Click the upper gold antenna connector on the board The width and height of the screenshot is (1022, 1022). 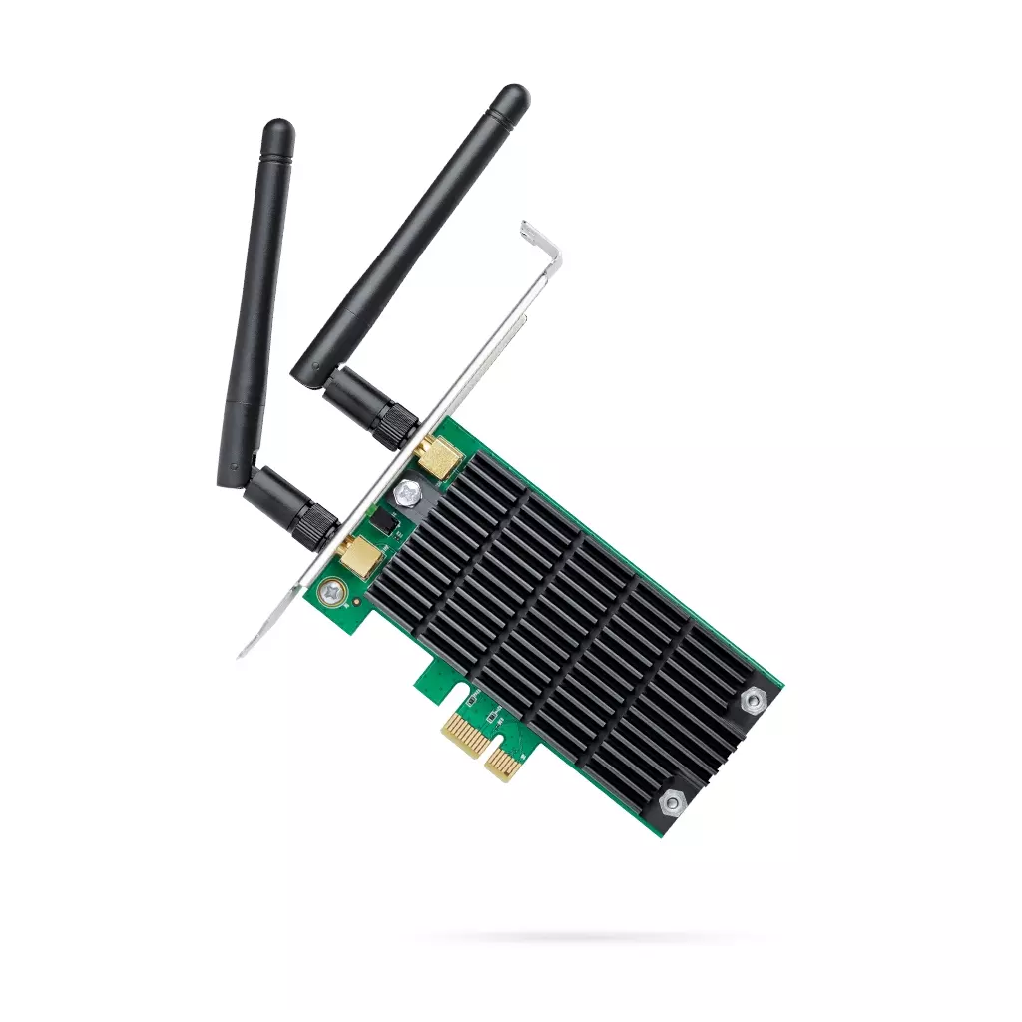[x=439, y=457]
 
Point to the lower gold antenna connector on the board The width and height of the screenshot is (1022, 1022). [x=357, y=558]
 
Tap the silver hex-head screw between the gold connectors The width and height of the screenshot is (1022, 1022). [x=407, y=493]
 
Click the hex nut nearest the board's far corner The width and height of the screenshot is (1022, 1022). [x=753, y=702]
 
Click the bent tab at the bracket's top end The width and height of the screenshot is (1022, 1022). [x=540, y=238]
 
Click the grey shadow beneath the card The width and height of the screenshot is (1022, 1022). [x=589, y=938]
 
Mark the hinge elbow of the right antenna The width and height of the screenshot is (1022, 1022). [x=319, y=376]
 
